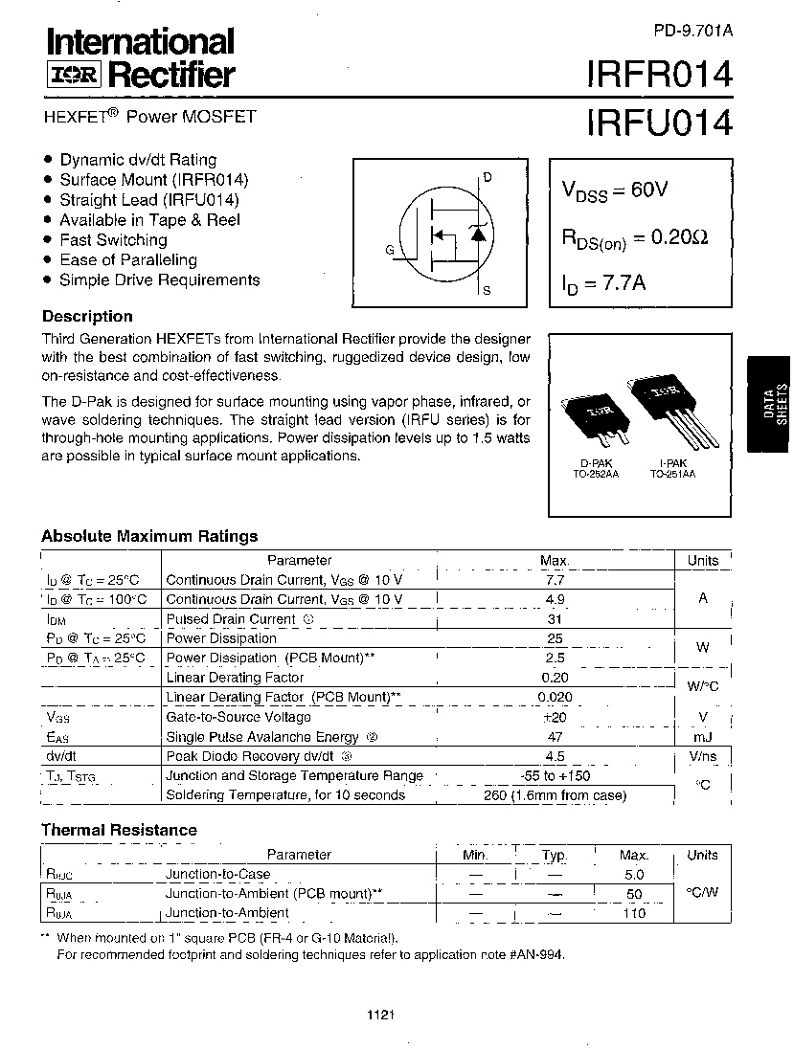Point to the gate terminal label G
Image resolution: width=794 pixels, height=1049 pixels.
pos(390,250)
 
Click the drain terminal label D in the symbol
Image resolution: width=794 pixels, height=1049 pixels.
pos(487,177)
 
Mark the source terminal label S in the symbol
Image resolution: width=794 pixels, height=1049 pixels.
pos(487,290)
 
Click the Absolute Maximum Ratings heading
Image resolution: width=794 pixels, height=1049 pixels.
pos(149,536)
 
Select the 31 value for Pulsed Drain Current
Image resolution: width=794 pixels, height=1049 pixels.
pos(554,619)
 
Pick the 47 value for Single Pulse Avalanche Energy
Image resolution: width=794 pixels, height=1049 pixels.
pos(554,737)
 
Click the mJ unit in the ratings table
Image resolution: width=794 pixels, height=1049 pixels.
pos(703,737)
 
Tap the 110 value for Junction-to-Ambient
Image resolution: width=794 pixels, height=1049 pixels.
pos(634,913)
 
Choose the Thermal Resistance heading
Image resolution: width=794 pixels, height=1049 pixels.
pos(119,830)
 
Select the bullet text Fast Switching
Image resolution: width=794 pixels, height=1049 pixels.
pos(113,240)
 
